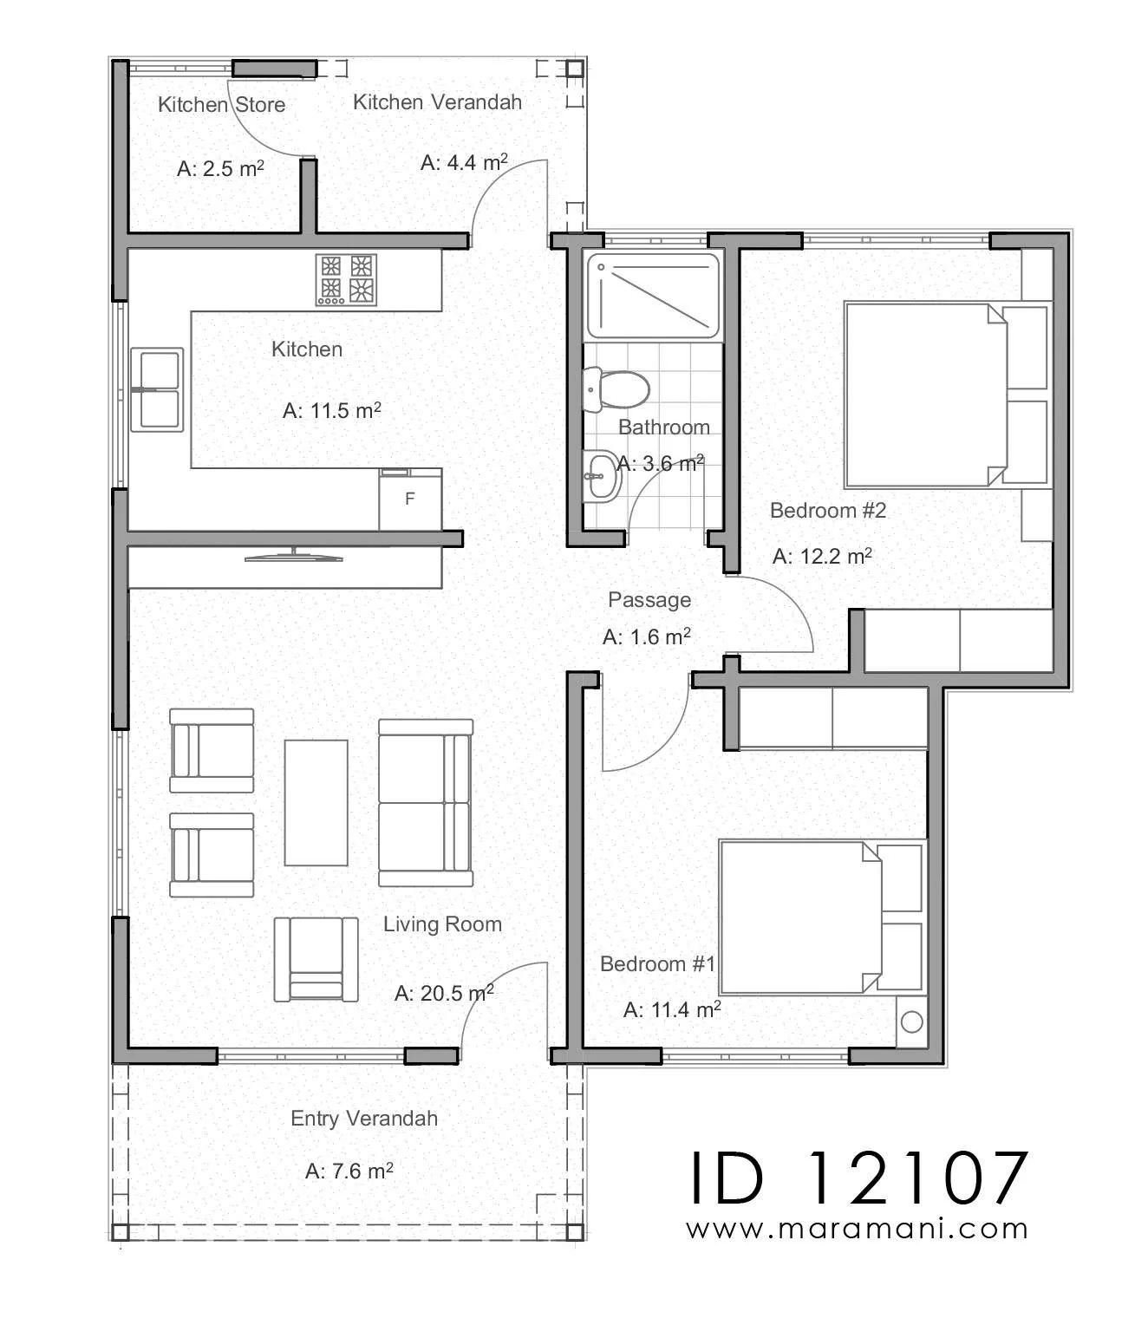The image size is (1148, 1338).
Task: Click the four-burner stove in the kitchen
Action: point(346,279)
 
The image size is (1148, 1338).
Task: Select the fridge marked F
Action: point(410,499)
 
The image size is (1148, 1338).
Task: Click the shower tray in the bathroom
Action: point(652,296)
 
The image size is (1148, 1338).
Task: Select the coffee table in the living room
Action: point(316,802)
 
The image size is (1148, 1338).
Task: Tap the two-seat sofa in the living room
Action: point(426,802)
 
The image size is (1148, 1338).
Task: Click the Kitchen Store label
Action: point(221,105)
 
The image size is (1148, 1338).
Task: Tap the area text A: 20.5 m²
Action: point(444,993)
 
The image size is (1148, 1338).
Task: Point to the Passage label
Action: point(649,600)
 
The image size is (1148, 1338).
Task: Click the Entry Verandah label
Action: point(364,1119)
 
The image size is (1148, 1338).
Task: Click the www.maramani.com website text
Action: point(857,1229)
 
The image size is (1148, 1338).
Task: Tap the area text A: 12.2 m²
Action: point(822,556)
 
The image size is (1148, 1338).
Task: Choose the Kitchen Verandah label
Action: point(437,102)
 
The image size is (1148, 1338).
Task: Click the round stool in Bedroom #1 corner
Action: point(911,1022)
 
